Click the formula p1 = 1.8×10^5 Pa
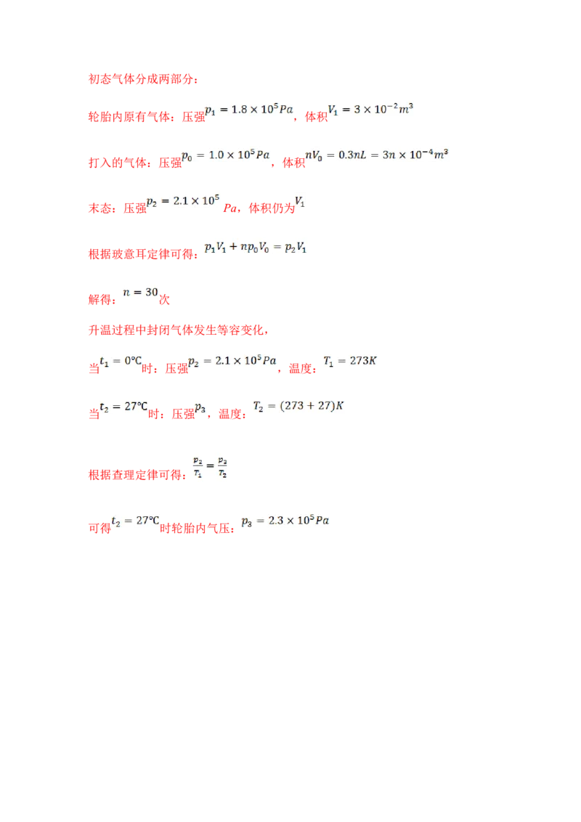tap(250, 110)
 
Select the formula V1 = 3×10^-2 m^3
tap(371, 110)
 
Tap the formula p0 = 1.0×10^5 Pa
tap(226, 155)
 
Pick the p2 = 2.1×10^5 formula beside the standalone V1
tap(183, 201)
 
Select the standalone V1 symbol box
tap(299, 201)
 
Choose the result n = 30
tap(141, 292)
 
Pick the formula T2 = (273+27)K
tap(298, 407)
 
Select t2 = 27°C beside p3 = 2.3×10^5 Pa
tap(135, 521)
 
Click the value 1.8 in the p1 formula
tap(239, 110)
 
